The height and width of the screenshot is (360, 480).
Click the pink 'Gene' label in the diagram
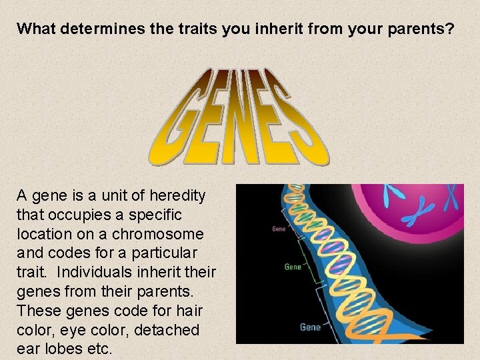click(279, 229)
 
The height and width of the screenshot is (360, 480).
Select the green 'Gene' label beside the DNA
click(293, 267)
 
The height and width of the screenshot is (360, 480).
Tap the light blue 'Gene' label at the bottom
click(310, 327)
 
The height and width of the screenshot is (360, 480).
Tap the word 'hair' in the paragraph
click(190, 311)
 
